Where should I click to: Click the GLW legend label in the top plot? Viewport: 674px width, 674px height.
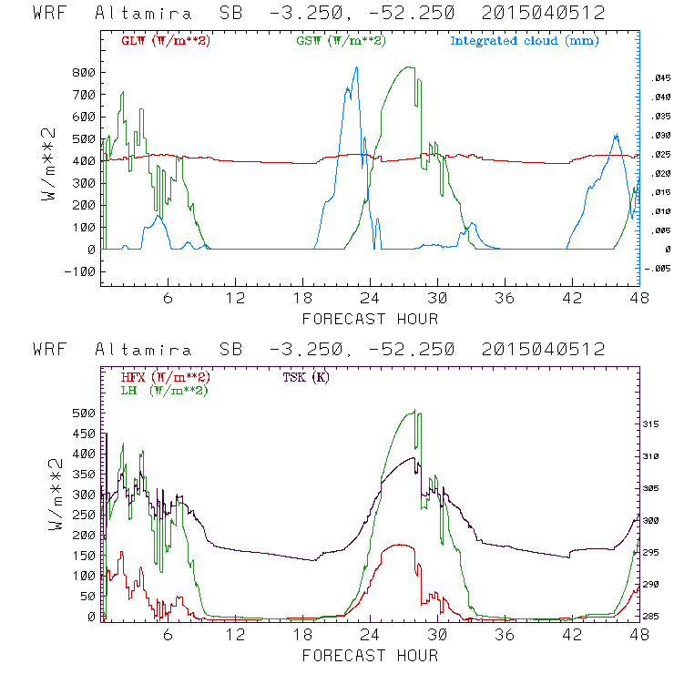click(x=165, y=41)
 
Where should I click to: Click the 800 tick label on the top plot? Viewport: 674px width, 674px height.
click(x=83, y=73)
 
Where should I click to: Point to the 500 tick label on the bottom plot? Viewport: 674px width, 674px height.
click(x=83, y=413)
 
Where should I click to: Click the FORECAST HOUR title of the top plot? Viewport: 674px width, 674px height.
click(x=370, y=318)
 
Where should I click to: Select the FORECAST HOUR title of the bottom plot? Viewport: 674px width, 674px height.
click(x=370, y=655)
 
